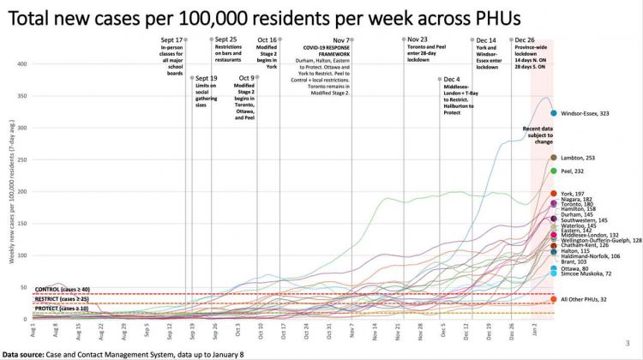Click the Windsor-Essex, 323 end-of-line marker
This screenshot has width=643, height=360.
pos(554,113)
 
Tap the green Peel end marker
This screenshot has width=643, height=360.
pos(554,171)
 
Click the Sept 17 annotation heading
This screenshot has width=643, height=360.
pos(172,40)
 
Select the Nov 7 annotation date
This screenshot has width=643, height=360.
pos(341,40)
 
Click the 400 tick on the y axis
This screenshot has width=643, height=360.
pos(22,63)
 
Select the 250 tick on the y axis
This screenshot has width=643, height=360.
pos(22,159)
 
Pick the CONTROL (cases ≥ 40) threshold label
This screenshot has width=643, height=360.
pos(62,291)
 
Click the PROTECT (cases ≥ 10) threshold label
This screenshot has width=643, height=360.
pos(62,308)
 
